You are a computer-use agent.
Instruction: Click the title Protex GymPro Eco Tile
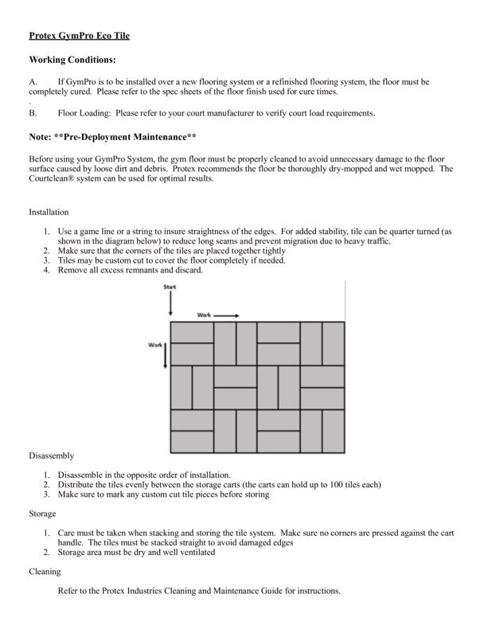coord(78,36)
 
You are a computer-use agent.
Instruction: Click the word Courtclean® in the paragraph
coord(55,179)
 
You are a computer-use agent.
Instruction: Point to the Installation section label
coord(49,213)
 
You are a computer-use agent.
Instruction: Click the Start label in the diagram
coord(170,287)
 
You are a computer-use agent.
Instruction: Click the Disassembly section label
coord(52,455)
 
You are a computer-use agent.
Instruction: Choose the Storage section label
coord(44,514)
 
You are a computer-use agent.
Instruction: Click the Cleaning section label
coord(45,571)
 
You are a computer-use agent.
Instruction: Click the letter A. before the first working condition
coord(33,82)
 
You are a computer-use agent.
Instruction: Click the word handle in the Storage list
coord(70,542)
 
